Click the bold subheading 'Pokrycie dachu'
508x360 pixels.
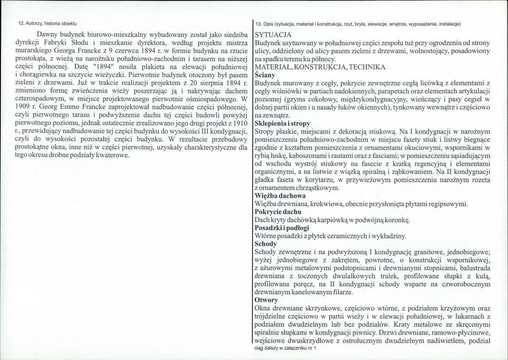278,212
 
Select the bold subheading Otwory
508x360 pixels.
266,300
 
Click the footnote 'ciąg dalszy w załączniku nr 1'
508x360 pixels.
285,348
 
